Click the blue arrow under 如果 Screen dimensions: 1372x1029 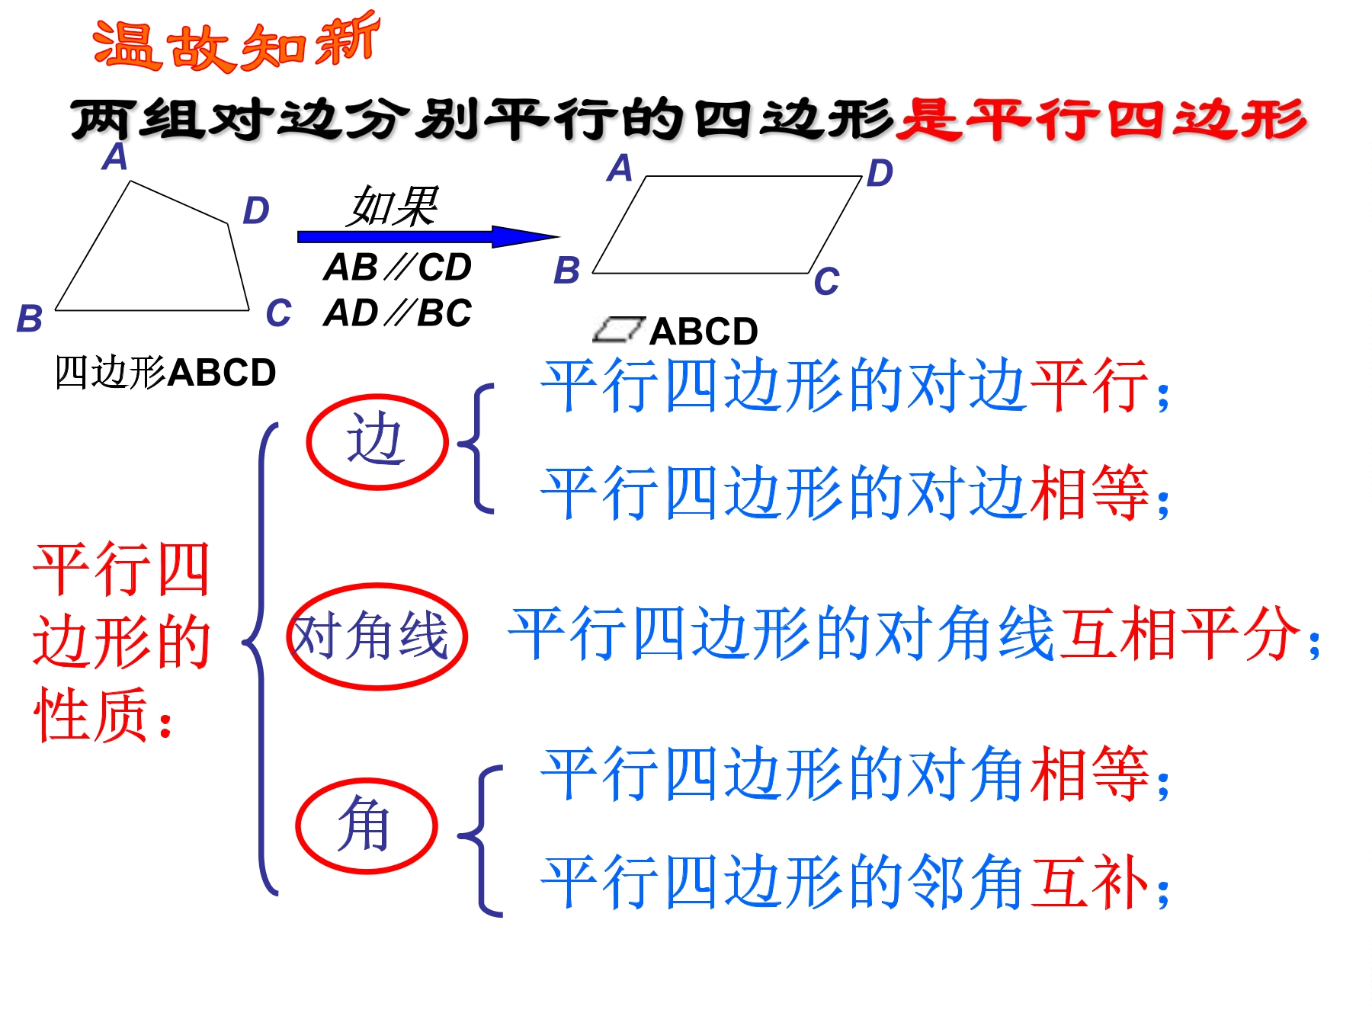[x=428, y=236]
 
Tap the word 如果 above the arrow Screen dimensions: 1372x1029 [x=393, y=206]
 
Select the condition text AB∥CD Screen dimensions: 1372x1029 [x=398, y=267]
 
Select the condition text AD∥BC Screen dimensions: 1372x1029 [x=398, y=313]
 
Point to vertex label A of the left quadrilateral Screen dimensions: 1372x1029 [x=115, y=157]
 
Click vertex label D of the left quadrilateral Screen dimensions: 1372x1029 [x=256, y=210]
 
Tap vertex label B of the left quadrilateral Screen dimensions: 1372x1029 [x=30, y=319]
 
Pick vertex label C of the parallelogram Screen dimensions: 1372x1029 [x=826, y=282]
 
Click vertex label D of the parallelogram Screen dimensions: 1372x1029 [x=880, y=173]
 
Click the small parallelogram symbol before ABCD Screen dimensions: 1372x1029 [x=619, y=329]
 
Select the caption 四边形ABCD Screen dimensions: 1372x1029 [x=165, y=373]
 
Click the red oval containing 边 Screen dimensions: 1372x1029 [x=377, y=398]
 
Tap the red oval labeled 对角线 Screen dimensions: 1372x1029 [x=377, y=586]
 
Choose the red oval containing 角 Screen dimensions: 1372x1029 [x=367, y=781]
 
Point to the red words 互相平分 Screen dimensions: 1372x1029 [x=1179, y=633]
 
